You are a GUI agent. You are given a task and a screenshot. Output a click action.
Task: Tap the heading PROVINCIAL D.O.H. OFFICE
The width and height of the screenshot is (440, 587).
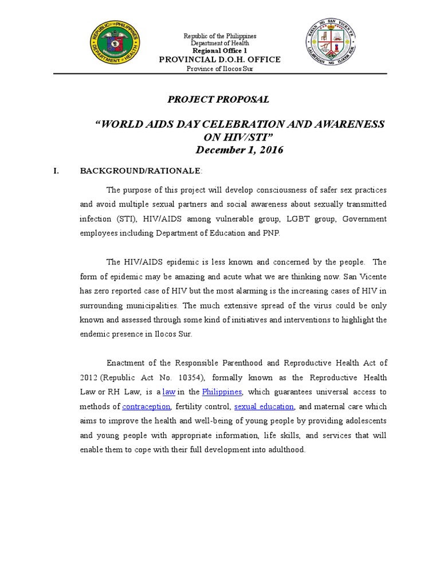click(219, 60)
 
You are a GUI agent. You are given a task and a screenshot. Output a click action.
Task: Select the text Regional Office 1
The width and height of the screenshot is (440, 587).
click(219, 51)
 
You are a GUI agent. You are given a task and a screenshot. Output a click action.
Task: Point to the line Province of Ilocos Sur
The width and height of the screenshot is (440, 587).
click(219, 69)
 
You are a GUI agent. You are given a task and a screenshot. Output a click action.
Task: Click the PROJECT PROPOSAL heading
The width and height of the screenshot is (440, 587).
click(218, 100)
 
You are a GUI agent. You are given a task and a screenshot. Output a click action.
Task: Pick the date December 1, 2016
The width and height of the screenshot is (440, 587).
click(239, 150)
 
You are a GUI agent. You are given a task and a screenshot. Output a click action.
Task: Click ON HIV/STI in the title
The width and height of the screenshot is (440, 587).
click(239, 137)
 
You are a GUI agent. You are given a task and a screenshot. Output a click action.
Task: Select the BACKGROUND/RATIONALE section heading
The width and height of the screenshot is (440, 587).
click(140, 171)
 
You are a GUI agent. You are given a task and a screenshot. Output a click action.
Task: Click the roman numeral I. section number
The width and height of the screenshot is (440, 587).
click(56, 171)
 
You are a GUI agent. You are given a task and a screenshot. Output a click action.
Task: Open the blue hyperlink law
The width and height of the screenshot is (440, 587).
click(168, 392)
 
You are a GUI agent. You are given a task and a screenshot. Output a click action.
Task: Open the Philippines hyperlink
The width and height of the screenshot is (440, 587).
click(222, 392)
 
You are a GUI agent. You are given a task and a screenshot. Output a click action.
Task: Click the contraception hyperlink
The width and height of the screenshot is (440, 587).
click(146, 406)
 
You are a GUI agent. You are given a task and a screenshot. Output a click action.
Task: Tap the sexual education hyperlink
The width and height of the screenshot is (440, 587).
click(264, 406)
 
